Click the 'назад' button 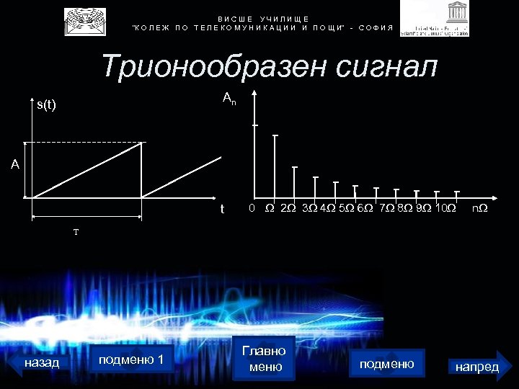pyautogui.click(x=42, y=362)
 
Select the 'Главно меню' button pyautogui.click(x=265, y=359)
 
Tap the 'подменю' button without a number pyautogui.click(x=386, y=364)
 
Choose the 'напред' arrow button pyautogui.click(x=478, y=367)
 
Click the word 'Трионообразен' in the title pyautogui.click(x=210, y=67)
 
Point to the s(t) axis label pyautogui.click(x=46, y=105)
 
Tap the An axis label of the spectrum pyautogui.click(x=229, y=97)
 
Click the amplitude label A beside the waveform pyautogui.click(x=14, y=165)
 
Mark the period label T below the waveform pyautogui.click(x=75, y=232)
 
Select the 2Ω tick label pyautogui.click(x=288, y=209)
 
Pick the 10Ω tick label pyautogui.click(x=446, y=209)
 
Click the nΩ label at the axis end pyautogui.click(x=479, y=209)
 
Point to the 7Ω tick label pyautogui.click(x=386, y=209)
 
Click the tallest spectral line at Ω pyautogui.click(x=275, y=166)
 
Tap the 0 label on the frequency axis pyautogui.click(x=251, y=209)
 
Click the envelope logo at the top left pyautogui.click(x=84, y=22)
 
